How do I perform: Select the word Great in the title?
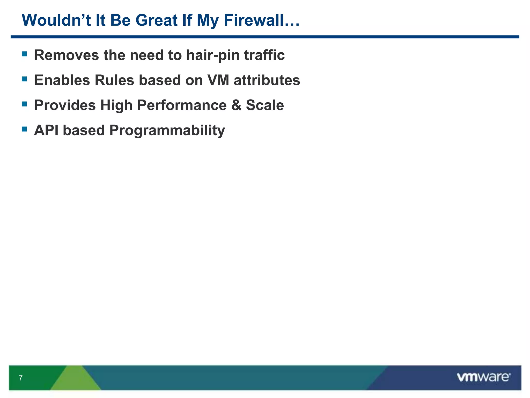click(157, 20)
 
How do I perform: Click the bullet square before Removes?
click(24, 54)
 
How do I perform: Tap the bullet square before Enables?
click(24, 79)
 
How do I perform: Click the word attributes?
click(267, 80)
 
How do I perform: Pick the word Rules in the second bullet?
click(114, 80)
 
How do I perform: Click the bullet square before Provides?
click(24, 104)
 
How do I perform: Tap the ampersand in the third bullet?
click(236, 105)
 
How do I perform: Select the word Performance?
click(182, 105)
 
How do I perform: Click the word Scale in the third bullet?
click(265, 105)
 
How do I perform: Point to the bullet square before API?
click(24, 129)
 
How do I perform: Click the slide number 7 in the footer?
click(21, 378)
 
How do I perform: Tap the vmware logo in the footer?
click(483, 377)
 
